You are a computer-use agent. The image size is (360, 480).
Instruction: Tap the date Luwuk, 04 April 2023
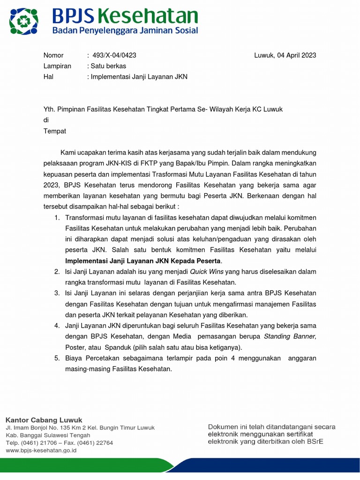tap(285, 55)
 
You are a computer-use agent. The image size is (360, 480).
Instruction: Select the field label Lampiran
tap(57, 66)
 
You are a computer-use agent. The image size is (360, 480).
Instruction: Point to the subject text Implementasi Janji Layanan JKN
tap(139, 77)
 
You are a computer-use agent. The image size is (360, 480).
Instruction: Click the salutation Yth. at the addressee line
tap(50, 109)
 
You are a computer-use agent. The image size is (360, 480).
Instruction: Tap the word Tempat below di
tap(55, 131)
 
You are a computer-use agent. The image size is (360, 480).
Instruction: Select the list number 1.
tap(57, 218)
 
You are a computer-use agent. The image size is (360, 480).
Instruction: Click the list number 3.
tap(57, 293)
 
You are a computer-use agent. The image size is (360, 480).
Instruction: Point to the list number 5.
tap(57, 359)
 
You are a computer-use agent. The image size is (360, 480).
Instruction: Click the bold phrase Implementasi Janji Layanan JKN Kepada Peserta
tap(142, 261)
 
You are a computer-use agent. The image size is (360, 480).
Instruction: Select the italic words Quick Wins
tap(207, 272)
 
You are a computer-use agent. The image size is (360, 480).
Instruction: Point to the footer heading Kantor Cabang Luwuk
tap(44, 420)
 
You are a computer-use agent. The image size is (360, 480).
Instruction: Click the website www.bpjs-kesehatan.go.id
tap(41, 450)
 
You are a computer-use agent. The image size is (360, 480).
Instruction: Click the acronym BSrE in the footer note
tap(314, 442)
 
